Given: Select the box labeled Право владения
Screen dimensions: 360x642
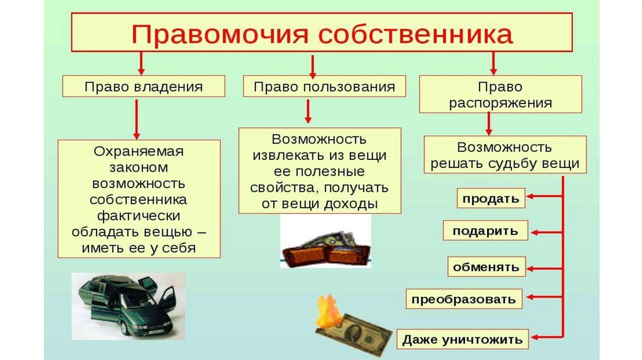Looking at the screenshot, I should pyautogui.click(x=144, y=87).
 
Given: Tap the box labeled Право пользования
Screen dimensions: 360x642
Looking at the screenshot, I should pyautogui.click(x=324, y=87).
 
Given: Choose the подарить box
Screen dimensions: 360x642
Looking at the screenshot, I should pyautogui.click(x=485, y=231).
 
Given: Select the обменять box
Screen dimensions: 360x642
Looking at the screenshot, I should pyautogui.click(x=487, y=267).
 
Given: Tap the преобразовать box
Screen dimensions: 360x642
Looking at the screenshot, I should pyautogui.click(x=464, y=299).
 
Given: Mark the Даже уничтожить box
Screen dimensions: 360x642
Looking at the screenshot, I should pyautogui.click(x=463, y=340).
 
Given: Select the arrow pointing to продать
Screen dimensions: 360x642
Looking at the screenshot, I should pyautogui.click(x=544, y=199).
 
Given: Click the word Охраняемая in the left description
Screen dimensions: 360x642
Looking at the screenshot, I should pyautogui.click(x=139, y=151).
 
